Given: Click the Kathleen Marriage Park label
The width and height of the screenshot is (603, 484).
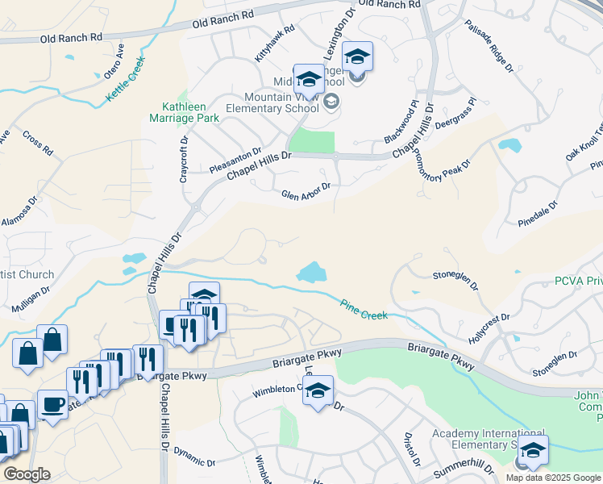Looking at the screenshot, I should (x=190, y=111).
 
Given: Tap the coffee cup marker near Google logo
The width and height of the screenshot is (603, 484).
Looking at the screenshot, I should (x=53, y=405).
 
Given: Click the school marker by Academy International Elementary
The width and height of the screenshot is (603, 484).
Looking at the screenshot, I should (x=533, y=452).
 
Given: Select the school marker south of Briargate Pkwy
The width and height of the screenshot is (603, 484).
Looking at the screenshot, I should (x=318, y=392).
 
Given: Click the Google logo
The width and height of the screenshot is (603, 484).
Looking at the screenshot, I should (x=27, y=474).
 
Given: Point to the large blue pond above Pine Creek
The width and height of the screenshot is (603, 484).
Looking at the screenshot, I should (x=310, y=273).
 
